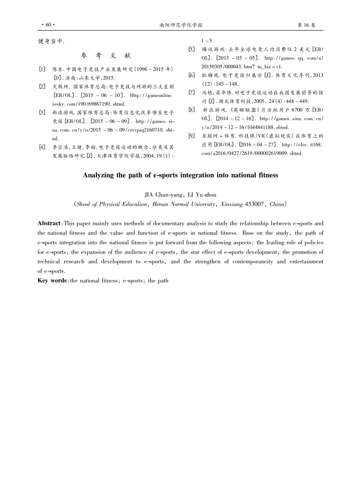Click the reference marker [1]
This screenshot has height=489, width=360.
pyautogui.click(x=42, y=69)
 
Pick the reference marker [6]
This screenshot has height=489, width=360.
pyautogui.click(x=192, y=75)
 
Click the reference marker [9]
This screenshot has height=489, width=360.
pyautogui.click(x=192, y=136)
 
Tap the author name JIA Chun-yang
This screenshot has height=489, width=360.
pyautogui.click(x=162, y=194)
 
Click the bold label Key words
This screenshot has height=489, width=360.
pyautogui.click(x=52, y=280)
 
